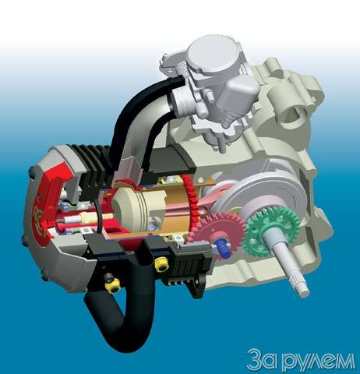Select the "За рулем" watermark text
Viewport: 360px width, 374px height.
point(301,360)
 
